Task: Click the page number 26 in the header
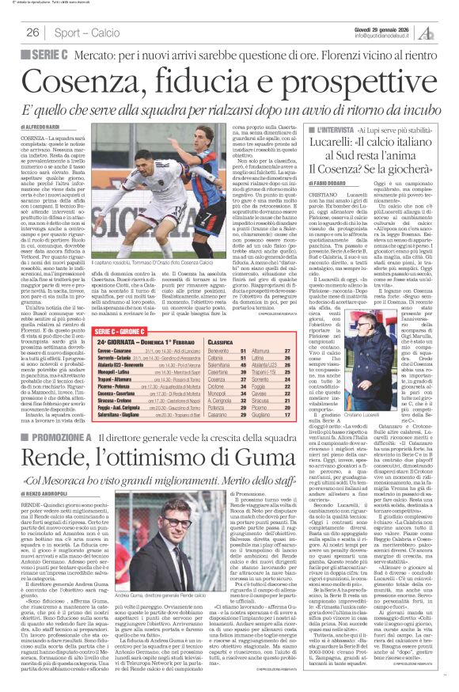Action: tap(33, 32)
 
